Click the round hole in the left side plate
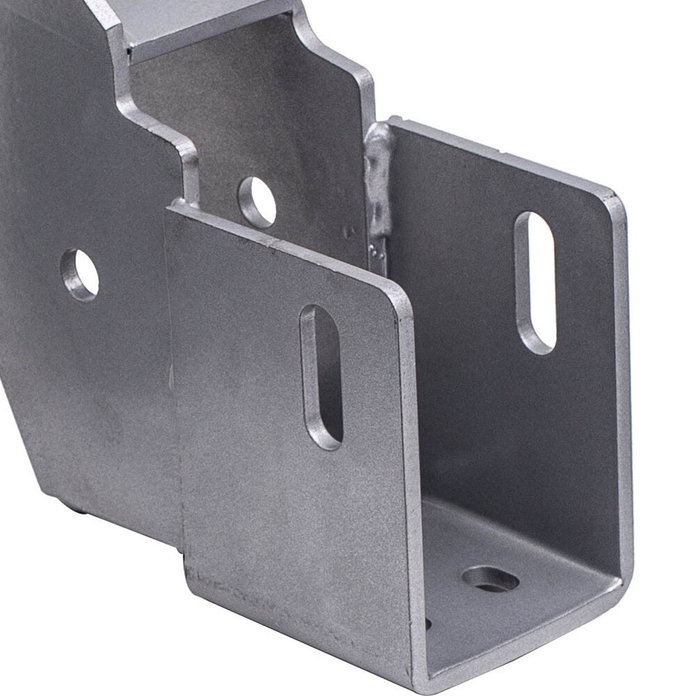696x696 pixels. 80,275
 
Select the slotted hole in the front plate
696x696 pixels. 321,376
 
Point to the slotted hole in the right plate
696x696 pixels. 535,282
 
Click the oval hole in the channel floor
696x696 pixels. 491,579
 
